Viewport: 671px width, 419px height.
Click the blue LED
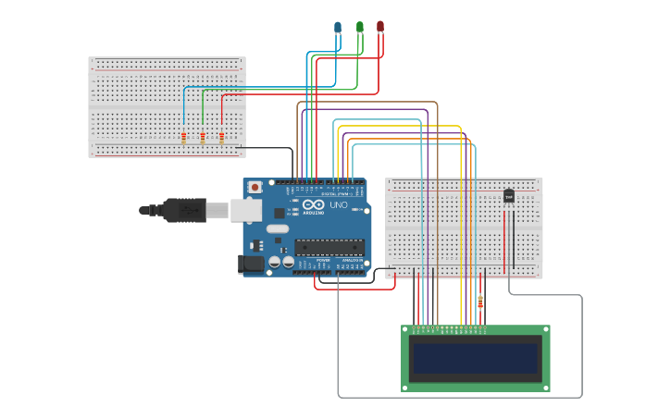point(338,27)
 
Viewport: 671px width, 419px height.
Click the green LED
point(359,27)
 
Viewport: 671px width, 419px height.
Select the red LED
point(380,27)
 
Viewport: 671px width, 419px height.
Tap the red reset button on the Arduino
point(254,188)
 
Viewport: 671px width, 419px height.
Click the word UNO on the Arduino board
point(339,205)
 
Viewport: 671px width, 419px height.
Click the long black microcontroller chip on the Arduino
point(329,247)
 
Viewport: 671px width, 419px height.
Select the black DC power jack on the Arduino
point(250,265)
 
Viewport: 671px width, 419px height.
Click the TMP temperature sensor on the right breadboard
point(508,196)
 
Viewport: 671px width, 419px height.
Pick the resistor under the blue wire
point(184,138)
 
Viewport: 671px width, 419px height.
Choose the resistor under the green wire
point(203,138)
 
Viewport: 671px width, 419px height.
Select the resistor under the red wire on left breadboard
point(222,138)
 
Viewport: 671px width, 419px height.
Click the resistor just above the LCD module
point(479,301)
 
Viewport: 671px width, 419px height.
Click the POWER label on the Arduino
point(323,261)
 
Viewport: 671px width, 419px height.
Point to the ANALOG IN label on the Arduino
point(352,261)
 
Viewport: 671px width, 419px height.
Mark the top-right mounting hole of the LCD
point(545,330)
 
